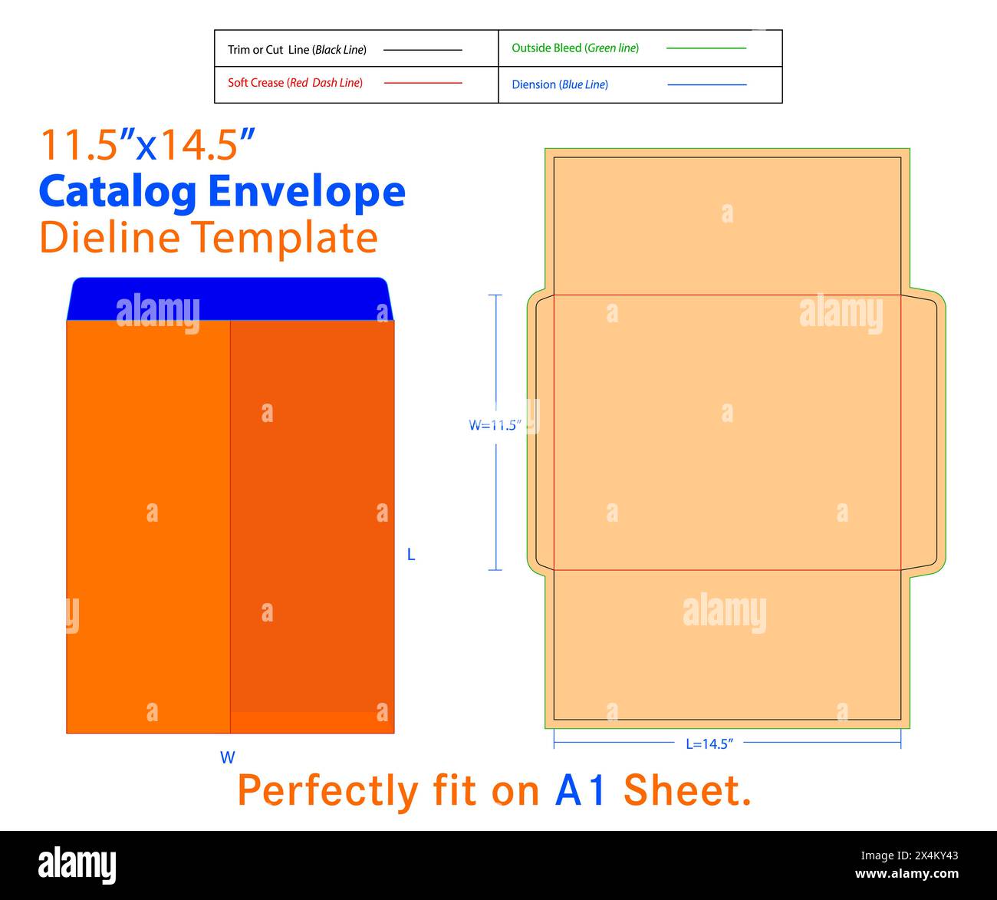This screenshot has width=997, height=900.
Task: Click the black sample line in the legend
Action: tap(423, 50)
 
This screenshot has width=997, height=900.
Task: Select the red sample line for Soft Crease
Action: tap(423, 83)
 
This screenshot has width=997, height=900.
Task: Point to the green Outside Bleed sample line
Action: tap(706, 48)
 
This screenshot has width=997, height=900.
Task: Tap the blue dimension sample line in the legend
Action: tap(706, 84)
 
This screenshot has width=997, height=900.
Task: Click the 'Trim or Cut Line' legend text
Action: tap(297, 50)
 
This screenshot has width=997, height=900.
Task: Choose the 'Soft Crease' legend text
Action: tap(295, 83)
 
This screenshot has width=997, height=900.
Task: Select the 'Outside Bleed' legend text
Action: tap(575, 48)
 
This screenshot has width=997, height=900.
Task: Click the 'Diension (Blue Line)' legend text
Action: tap(560, 84)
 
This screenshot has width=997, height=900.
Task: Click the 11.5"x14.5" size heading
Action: tap(147, 144)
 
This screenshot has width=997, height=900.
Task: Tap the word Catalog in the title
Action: tap(118, 192)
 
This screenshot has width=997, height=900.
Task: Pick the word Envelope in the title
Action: tap(307, 192)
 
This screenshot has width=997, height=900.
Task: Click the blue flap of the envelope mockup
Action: tap(229, 299)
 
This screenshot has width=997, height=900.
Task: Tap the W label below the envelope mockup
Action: tap(228, 757)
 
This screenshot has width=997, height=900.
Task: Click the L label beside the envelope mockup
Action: tap(411, 555)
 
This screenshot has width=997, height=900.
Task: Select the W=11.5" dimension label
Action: tap(495, 425)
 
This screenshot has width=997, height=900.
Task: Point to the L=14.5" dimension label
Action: tap(709, 743)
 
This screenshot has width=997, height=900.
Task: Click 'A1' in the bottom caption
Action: tap(581, 791)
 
